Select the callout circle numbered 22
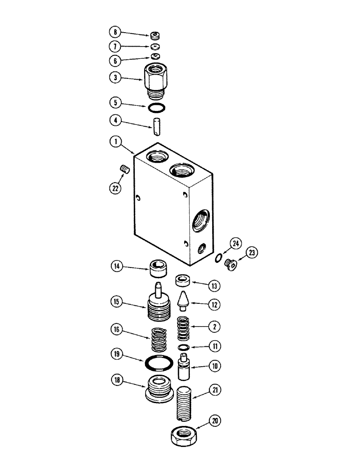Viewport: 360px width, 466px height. pos(114,188)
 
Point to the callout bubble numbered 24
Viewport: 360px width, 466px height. pos(236,242)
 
